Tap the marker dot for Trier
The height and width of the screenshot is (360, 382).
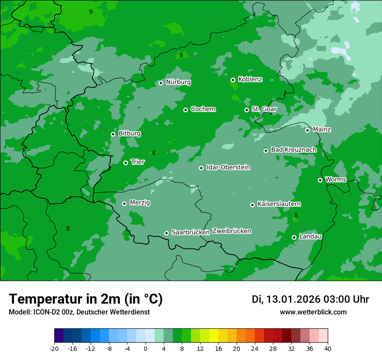tap(125, 163)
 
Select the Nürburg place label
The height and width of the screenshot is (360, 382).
tap(178, 82)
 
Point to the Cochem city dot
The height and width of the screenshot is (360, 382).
tap(185, 110)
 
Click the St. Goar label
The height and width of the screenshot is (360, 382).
tap(264, 109)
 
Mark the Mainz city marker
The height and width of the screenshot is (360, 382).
tap(307, 130)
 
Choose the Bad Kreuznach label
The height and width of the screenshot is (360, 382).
tap(293, 150)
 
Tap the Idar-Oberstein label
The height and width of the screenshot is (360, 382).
tap(228, 167)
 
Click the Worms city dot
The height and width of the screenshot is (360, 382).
tap(320, 180)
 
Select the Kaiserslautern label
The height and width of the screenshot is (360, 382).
tap(279, 204)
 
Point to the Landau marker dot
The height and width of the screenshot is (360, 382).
tap(294, 237)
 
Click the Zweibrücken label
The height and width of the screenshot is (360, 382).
tap(231, 231)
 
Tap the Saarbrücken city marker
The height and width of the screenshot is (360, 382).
tap(166, 233)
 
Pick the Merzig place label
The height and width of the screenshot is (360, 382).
tap(140, 203)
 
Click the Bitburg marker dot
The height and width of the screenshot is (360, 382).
tap(113, 134)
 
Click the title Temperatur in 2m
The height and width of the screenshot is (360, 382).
tap(86, 299)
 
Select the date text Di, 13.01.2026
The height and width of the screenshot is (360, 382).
tap(286, 299)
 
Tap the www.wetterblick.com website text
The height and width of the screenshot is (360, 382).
tap(313, 312)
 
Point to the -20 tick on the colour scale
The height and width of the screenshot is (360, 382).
tap(54, 349)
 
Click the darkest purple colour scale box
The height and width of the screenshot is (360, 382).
tap(59, 336)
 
